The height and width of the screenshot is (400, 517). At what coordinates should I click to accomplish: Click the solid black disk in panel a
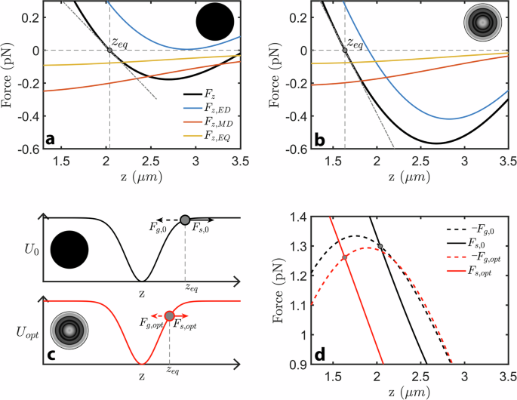216,21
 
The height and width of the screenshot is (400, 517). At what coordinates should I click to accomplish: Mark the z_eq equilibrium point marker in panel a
110,50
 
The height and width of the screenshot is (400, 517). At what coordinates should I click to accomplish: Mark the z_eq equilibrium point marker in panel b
345,50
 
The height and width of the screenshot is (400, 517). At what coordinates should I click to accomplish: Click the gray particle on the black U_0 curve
185,220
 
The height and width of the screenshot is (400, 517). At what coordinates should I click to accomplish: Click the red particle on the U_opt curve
170,315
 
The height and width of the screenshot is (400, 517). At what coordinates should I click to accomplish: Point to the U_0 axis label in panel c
28,246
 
